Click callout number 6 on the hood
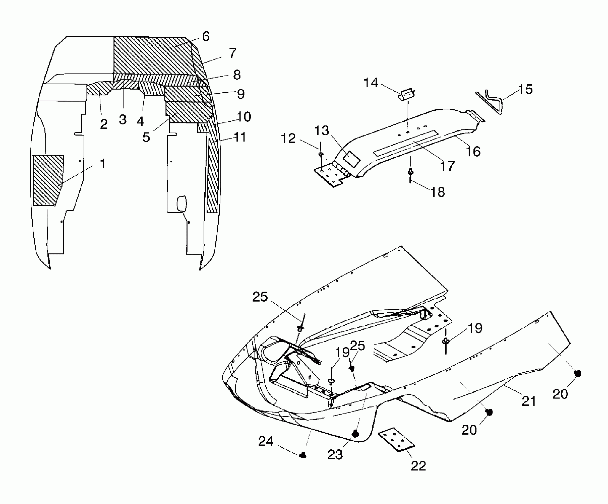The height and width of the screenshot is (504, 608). click(x=206, y=37)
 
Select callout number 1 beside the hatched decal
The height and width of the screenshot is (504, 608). click(x=103, y=164)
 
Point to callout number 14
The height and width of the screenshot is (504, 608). click(x=371, y=83)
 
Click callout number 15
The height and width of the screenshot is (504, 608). click(x=525, y=89)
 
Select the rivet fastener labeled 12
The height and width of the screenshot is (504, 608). click(x=321, y=154)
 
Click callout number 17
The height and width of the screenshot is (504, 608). click(x=447, y=166)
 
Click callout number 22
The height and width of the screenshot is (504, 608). click(x=418, y=466)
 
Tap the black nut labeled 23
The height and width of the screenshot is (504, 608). click(x=355, y=434)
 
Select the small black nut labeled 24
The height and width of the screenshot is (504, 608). click(x=303, y=463)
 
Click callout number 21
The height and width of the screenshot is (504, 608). click(x=529, y=401)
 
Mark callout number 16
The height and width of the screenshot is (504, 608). click(x=473, y=151)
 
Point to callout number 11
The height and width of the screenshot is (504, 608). click(x=240, y=137)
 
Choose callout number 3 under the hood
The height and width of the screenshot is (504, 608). click(x=123, y=120)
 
